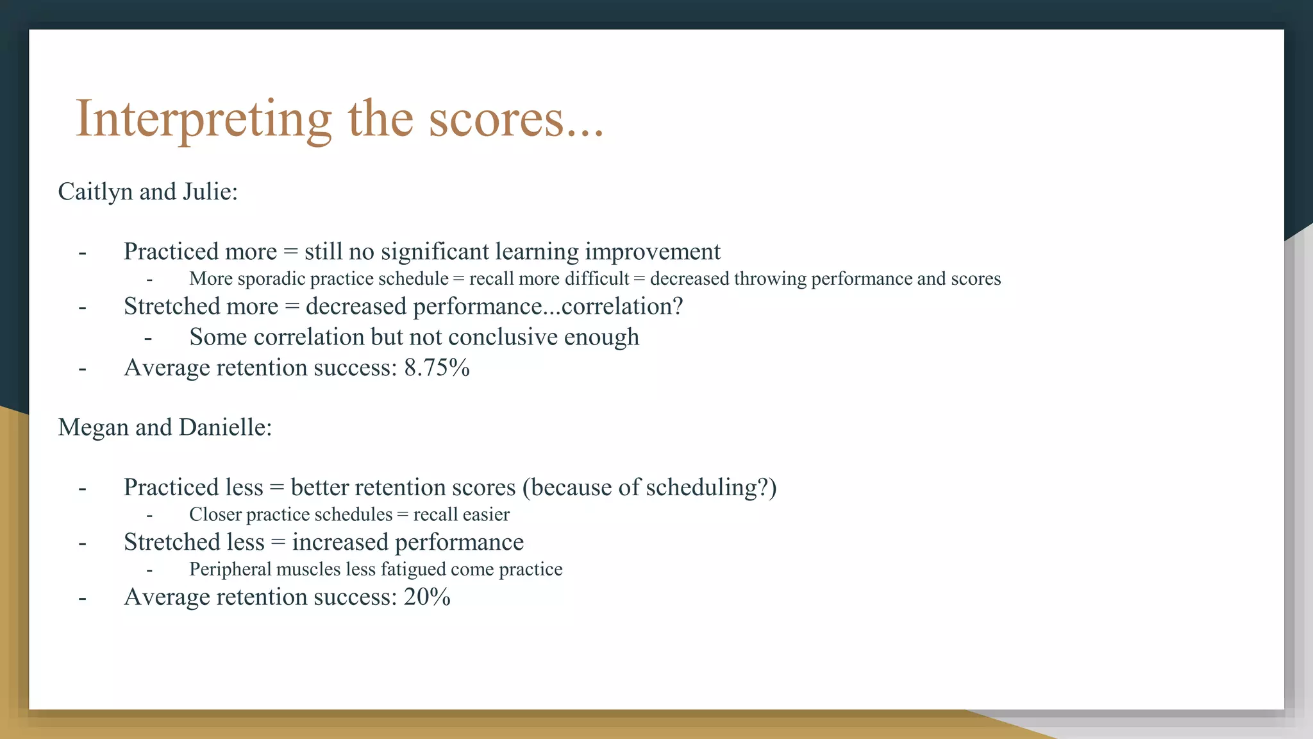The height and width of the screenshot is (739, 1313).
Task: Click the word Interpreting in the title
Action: click(x=204, y=120)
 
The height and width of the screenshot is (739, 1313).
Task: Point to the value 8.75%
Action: click(x=437, y=368)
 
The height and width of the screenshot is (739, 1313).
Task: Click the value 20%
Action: click(x=427, y=597)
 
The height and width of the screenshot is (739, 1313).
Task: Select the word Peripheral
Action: click(x=230, y=570)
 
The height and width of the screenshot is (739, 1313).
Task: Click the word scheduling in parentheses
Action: click(x=702, y=488)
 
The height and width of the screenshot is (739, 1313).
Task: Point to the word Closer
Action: click(x=215, y=514)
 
